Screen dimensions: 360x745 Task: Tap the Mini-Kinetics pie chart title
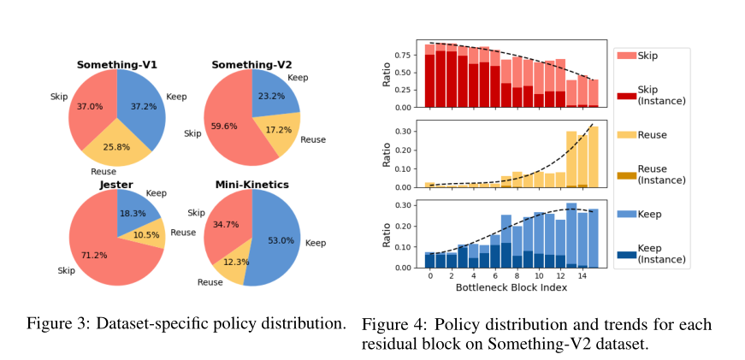coord(251,183)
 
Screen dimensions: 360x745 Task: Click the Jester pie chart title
coord(115,183)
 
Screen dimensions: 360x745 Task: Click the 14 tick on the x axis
coord(582,276)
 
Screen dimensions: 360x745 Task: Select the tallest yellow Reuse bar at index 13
coord(571,159)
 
